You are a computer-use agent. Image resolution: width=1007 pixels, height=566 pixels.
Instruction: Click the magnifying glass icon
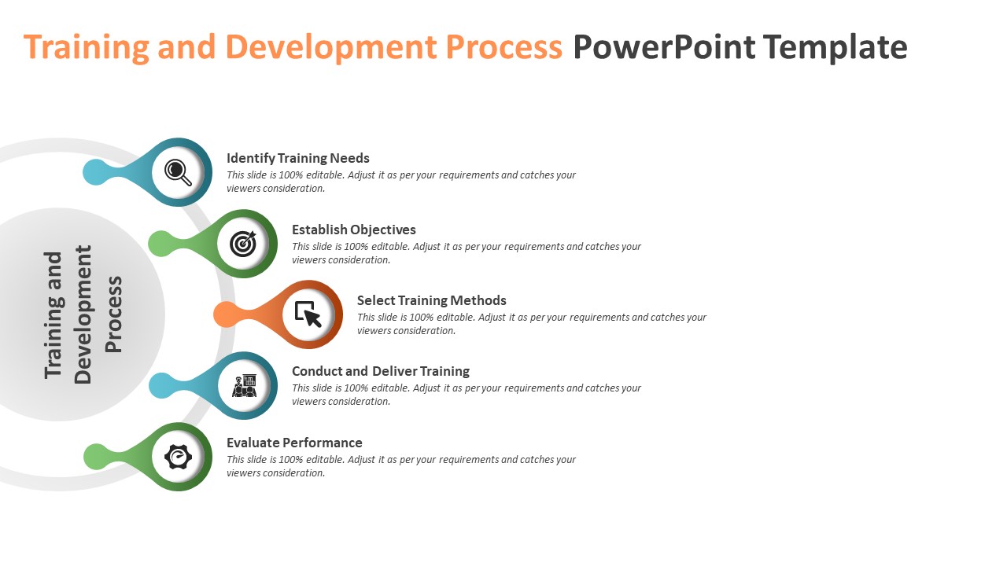coord(179,172)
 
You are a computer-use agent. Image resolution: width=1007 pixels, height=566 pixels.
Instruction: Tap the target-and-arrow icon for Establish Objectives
coord(243,244)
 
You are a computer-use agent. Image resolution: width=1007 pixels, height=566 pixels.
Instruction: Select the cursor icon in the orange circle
coord(308,314)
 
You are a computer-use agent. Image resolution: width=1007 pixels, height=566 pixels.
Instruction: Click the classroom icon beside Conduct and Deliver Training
coord(245,385)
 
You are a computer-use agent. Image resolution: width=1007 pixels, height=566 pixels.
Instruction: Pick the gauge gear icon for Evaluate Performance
coord(179,457)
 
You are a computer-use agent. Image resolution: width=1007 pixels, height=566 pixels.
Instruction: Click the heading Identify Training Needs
coord(297,158)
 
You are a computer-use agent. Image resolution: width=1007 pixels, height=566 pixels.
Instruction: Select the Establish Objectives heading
coord(353,230)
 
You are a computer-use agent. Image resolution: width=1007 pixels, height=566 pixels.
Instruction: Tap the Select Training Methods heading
coord(431,300)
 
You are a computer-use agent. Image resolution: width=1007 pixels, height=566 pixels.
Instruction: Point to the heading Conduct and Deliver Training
coord(380,371)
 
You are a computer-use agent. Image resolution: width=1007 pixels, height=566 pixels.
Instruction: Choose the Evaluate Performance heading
coord(294,443)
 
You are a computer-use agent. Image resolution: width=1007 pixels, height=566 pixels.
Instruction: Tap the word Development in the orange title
coord(331,47)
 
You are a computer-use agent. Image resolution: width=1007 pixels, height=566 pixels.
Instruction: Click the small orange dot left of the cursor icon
coord(226,314)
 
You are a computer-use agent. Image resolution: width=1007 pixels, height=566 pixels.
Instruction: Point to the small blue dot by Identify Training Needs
coord(95,172)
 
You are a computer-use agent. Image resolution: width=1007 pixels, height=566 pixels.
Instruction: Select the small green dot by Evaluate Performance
coord(96,457)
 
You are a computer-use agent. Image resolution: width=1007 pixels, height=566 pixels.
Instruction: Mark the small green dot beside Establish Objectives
coord(160,244)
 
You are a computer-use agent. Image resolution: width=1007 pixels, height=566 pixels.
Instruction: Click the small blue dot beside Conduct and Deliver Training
coord(161,385)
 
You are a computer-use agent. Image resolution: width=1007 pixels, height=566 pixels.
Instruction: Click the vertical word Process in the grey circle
coord(115,314)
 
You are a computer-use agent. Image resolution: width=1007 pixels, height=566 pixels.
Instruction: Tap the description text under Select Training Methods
coord(531,324)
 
